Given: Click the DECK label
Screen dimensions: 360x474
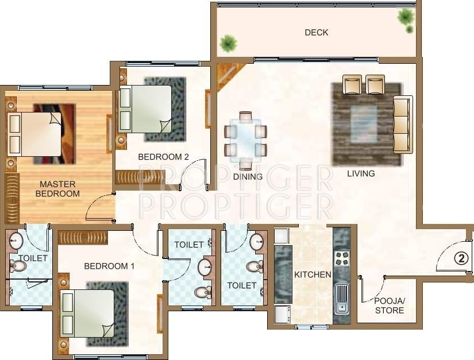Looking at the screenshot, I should click(317, 33).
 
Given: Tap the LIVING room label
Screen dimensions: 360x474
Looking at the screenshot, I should click(361, 173).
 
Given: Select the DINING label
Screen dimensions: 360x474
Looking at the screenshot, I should click(248, 177).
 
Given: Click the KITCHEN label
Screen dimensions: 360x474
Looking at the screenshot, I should click(313, 274).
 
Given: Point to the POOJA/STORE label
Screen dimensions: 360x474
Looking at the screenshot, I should click(390, 305).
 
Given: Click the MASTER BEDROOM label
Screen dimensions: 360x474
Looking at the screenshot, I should click(57, 189).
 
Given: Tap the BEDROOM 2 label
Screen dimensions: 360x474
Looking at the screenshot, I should click(164, 157).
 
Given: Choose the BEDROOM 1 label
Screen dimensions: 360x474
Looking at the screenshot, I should click(109, 266).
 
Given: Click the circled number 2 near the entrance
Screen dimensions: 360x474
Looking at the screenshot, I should click(461, 258).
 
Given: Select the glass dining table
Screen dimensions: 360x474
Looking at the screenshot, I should click(245, 138).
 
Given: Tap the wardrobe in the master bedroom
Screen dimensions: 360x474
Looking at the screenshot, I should click(12, 198).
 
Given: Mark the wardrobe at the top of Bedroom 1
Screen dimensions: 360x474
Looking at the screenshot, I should click(83, 237).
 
